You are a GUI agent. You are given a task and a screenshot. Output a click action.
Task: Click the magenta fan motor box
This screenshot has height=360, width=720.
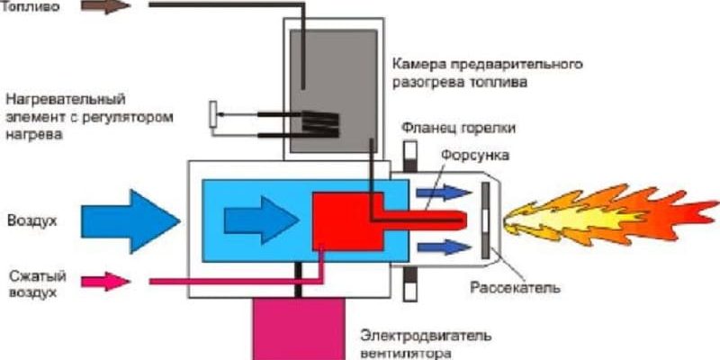pyautogui.click(x=298, y=328)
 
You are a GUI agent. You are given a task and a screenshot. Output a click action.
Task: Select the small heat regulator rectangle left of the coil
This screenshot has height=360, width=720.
pyautogui.click(x=214, y=114)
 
